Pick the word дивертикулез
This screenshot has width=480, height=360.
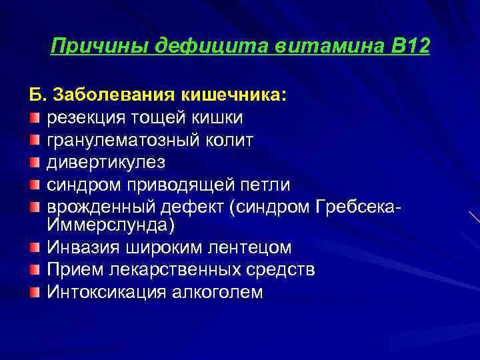(105, 162)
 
